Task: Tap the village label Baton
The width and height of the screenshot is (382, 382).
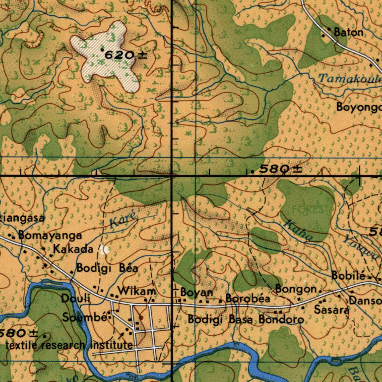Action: [348, 32]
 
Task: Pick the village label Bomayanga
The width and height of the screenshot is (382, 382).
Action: [50, 236]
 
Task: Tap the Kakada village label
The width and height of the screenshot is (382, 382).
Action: [73, 249]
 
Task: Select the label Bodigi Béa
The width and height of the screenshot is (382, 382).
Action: [107, 268]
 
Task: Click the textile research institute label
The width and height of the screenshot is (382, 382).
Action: [69, 345]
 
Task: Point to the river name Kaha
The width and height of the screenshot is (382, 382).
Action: [297, 231]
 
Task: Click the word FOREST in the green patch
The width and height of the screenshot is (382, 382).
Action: [310, 210]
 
